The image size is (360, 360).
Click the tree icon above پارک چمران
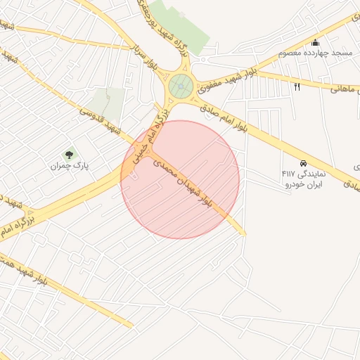pyautogui.click(x=69, y=155)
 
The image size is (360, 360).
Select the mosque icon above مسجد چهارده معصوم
pyautogui.click(x=315, y=43)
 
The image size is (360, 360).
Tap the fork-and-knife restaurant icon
pyautogui.click(x=297, y=86)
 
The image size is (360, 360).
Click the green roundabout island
pyautogui.click(x=181, y=86)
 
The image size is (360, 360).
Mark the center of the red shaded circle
pyautogui.click(x=180, y=179)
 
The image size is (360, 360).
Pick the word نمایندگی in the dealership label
pyautogui.click(x=314, y=173)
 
